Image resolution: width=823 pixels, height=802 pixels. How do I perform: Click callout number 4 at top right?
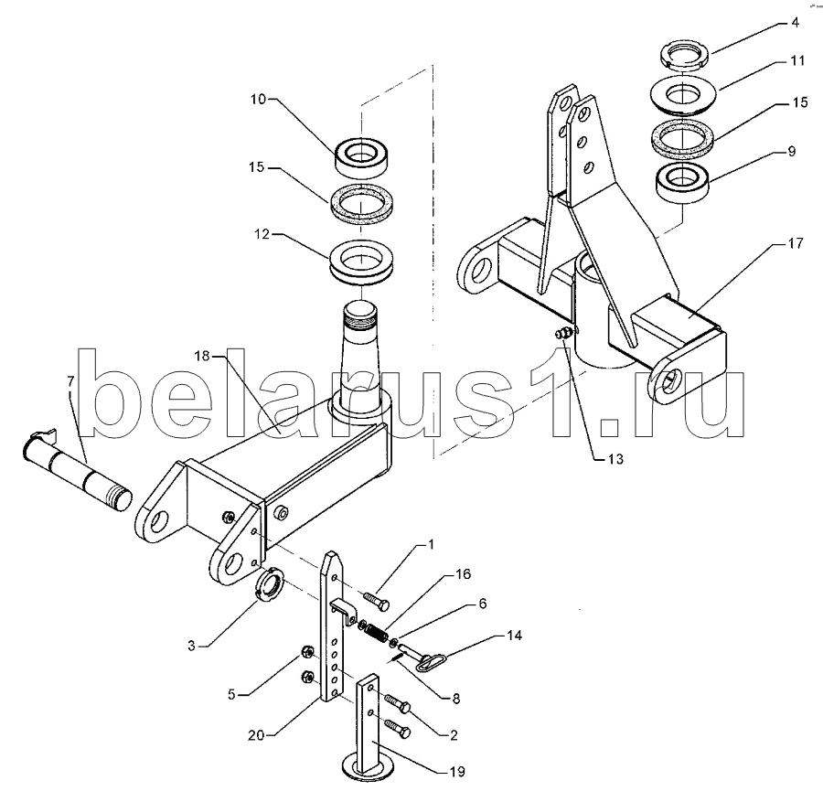click(x=796, y=23)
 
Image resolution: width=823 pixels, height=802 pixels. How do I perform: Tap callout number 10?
click(x=258, y=99)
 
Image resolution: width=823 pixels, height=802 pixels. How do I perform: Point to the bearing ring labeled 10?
click(x=361, y=158)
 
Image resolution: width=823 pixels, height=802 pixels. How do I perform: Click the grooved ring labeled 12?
click(x=362, y=262)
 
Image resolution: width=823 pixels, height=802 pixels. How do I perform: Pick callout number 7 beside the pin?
click(x=71, y=381)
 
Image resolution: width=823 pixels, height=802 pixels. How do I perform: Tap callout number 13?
click(x=615, y=459)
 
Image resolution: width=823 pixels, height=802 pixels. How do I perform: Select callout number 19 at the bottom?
click(x=457, y=772)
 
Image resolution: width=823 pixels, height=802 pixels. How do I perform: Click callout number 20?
click(x=256, y=735)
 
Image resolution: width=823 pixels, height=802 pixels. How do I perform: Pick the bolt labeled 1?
click(x=376, y=600)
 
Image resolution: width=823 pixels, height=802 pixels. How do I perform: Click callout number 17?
click(x=796, y=243)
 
